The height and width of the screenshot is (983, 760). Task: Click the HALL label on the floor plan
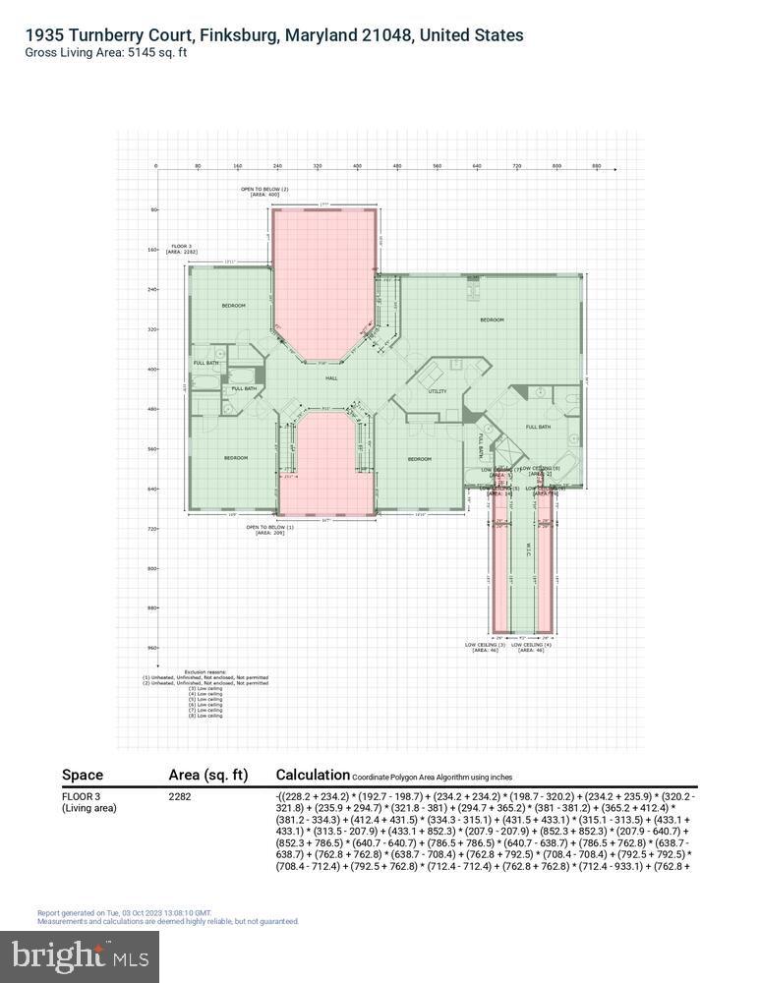coord(332,376)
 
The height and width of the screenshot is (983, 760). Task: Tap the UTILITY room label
coord(438,391)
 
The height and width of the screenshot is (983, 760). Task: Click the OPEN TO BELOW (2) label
coord(265,192)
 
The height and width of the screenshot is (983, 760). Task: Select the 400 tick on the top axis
coord(357,167)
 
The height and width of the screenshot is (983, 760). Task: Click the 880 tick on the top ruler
coord(597,167)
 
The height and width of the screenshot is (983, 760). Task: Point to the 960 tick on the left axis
coord(153,648)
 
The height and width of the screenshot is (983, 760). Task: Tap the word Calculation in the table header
coord(312,775)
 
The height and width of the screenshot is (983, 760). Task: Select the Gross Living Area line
coord(106,53)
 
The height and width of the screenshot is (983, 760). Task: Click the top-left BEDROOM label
coord(233,306)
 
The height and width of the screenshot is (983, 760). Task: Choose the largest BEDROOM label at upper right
coord(492,319)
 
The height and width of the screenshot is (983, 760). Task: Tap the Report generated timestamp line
coord(124,912)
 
